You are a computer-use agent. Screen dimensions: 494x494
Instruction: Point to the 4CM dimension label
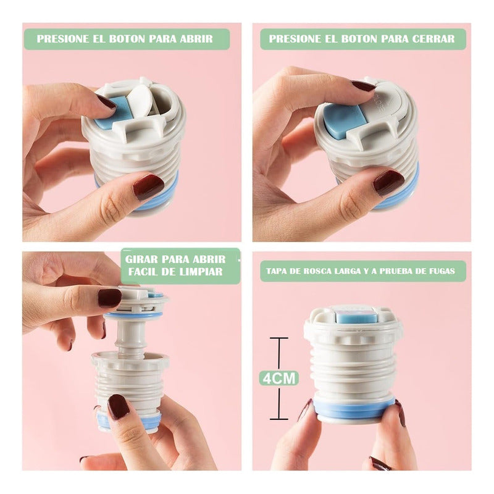pyautogui.click(x=279, y=378)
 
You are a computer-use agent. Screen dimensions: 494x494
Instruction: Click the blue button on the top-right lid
pyautogui.click(x=343, y=120)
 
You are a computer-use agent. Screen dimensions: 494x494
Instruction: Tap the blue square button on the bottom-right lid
pyautogui.click(x=356, y=316)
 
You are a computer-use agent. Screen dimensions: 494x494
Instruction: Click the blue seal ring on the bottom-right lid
pyautogui.click(x=354, y=408)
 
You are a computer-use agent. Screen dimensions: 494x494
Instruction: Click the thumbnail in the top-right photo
pyautogui.click(x=388, y=183)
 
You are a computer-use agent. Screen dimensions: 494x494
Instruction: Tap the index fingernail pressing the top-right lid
pyautogui.click(x=364, y=86)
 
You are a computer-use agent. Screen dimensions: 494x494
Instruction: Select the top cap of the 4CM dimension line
pyautogui.click(x=279, y=338)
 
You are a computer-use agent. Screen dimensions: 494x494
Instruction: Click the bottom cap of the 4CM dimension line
pyautogui.click(x=279, y=419)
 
